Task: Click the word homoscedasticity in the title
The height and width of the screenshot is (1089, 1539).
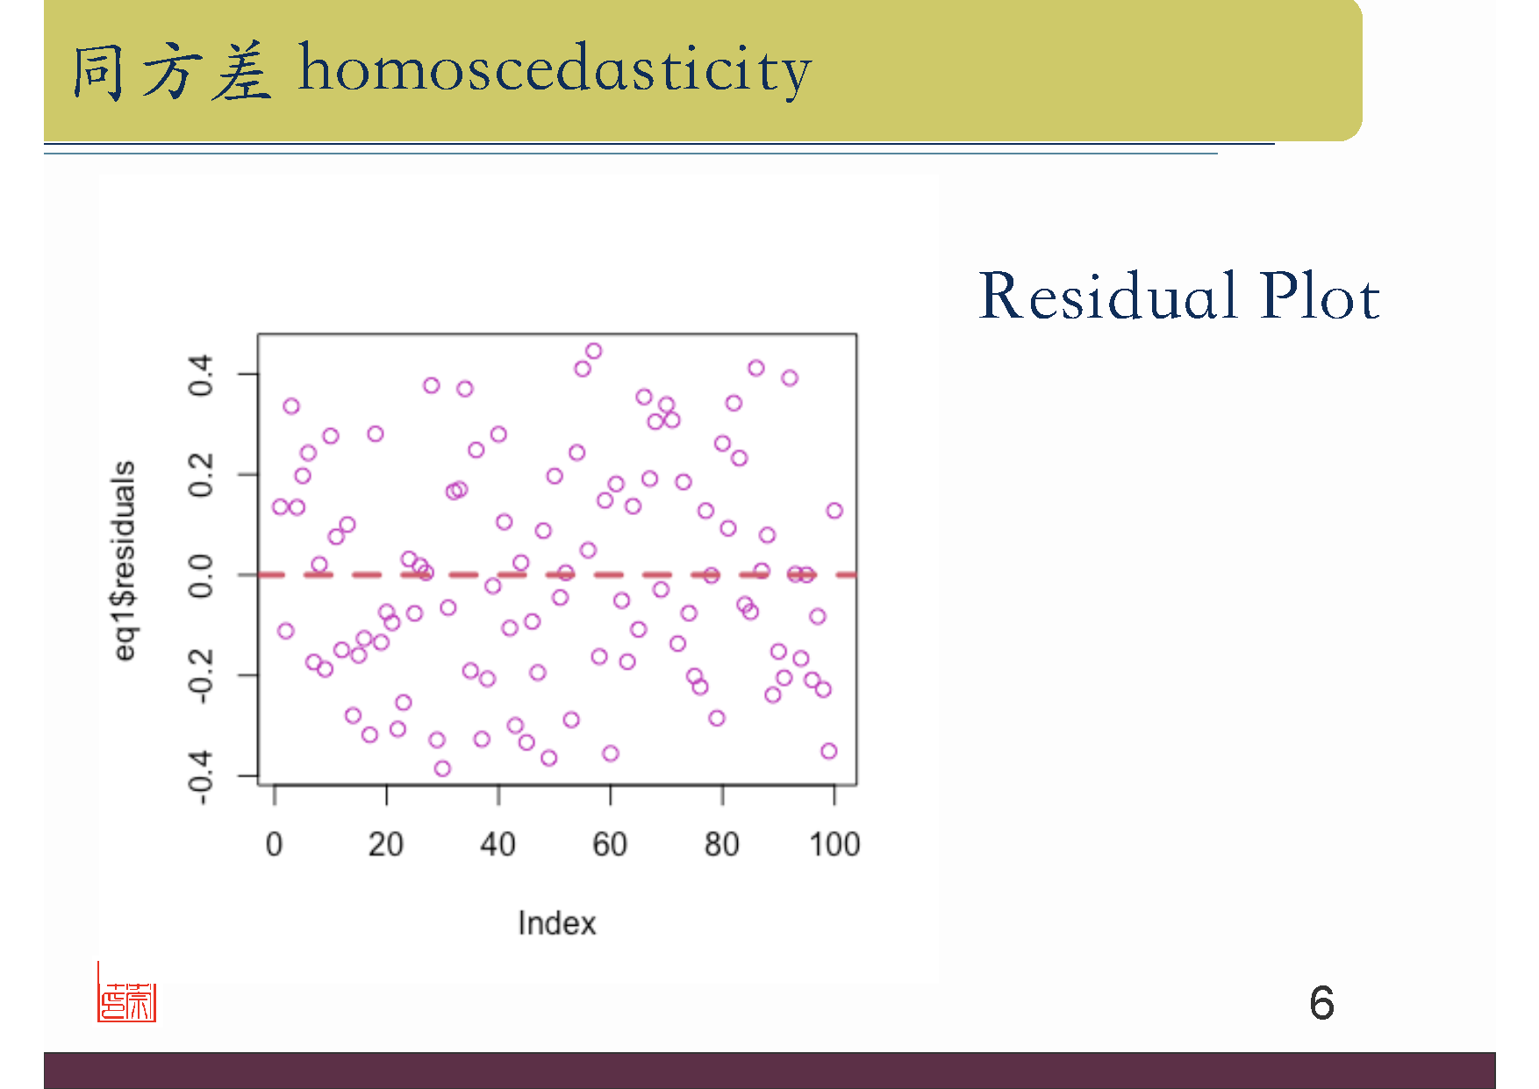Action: [x=555, y=69]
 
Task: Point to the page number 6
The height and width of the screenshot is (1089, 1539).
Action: [x=1321, y=1002]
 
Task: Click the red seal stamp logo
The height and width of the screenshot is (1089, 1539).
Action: [x=126, y=992]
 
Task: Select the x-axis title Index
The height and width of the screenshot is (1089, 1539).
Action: [x=557, y=923]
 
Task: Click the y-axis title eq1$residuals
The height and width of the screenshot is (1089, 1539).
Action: [x=125, y=561]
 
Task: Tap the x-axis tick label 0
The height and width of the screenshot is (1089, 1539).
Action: [x=274, y=844]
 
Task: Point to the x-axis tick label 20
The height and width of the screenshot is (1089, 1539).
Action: [x=386, y=844]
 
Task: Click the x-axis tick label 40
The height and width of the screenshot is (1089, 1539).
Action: [x=497, y=844]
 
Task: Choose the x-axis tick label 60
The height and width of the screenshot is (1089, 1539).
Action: [x=610, y=844]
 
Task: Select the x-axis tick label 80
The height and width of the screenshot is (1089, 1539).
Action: [x=722, y=844]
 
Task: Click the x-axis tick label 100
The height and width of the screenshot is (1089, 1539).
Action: [x=834, y=844]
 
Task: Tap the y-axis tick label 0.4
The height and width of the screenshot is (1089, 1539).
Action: [x=201, y=375]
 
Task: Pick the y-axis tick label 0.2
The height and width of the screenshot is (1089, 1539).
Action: [x=201, y=475]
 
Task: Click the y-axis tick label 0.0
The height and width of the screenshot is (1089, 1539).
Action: [x=201, y=576]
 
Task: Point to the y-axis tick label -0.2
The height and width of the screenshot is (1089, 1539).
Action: [x=201, y=677]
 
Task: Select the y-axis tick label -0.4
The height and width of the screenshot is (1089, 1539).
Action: [x=201, y=777]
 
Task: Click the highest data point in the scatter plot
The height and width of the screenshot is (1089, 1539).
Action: [x=593, y=351]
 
